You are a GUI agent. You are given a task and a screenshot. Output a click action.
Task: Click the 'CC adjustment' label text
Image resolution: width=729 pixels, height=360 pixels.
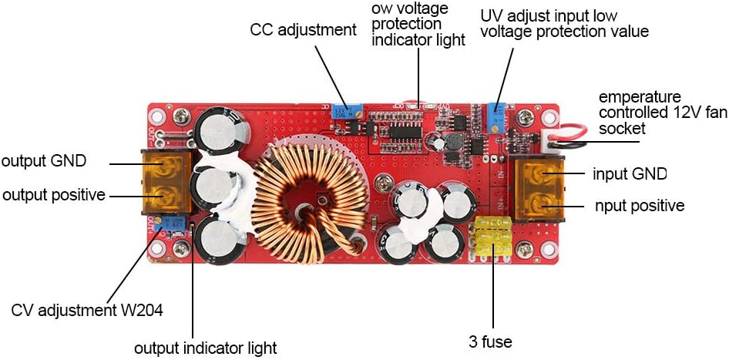pos(303,30)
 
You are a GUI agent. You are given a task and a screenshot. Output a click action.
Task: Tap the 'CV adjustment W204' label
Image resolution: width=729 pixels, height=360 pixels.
pos(87,310)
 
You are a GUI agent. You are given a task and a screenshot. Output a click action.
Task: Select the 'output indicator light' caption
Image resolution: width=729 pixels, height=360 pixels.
pos(206,348)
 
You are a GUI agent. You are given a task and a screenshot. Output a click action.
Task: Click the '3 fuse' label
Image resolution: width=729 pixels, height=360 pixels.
pos(490,341)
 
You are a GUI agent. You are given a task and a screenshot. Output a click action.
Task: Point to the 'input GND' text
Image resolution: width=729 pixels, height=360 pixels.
pos(630,174)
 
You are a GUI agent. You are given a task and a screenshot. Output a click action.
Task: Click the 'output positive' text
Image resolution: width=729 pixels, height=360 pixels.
pos(54,195)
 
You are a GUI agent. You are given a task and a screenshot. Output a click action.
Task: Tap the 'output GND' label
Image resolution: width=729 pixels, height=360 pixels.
pos(44,161)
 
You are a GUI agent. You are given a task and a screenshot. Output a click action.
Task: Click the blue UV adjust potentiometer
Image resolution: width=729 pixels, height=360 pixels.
pos(499,116)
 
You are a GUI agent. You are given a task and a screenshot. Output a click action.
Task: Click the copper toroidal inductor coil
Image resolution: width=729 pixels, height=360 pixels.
pos(310,203)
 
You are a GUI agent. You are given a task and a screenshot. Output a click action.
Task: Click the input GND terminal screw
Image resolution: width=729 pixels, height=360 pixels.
pos(539,174)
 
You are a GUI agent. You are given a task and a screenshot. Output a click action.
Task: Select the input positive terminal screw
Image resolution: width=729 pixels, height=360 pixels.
pos(539,204)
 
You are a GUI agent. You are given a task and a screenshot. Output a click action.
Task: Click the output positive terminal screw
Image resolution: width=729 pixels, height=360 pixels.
pos(164,197)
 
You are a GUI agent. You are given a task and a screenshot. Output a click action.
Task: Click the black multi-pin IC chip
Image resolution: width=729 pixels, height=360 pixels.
pos(405,132)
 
